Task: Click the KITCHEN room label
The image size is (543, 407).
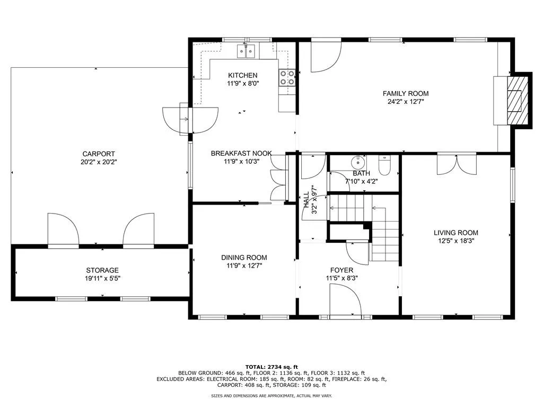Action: coord(242,75)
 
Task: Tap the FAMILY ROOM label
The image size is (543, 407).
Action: coord(406,94)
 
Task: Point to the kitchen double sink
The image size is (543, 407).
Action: coord(247,51)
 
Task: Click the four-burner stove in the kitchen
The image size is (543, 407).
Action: coord(287,78)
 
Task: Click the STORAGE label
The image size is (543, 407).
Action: coord(102,270)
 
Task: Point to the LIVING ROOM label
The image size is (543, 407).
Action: coord(456,233)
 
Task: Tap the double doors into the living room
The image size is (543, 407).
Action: coord(457,164)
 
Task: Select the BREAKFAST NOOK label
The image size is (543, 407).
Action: coord(241,154)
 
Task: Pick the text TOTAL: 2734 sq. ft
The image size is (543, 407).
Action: coord(271,367)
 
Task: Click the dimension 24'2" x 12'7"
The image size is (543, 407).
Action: coord(406,102)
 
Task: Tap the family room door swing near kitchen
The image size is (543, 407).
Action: coord(325,57)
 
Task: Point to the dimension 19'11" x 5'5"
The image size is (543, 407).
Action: coord(102,278)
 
